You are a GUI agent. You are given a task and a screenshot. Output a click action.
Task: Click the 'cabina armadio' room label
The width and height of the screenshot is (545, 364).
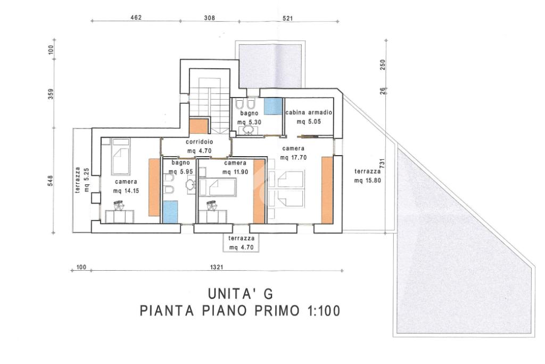coord(309,113)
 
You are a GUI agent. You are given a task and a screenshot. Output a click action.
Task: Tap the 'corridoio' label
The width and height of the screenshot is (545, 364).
coord(199,142)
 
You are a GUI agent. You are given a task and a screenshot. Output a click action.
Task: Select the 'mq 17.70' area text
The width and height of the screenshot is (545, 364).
coord(293,158)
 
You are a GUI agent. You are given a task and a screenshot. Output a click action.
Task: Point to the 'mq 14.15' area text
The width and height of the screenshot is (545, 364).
coord(126,191)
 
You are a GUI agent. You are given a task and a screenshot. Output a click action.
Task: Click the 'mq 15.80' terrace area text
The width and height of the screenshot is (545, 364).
coord(368,181)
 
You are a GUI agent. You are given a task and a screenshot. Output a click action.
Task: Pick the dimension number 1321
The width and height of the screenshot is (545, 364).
coord(217,267)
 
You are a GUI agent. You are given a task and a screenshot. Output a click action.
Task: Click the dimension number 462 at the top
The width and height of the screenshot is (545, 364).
coord(135,18)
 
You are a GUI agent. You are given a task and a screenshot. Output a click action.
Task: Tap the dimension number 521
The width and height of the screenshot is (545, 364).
coord(288,19)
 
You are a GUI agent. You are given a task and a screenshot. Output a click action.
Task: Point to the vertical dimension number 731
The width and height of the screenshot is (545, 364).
coord(383,164)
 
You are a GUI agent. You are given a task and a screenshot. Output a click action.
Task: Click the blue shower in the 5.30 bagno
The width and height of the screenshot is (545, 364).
coord(273,106)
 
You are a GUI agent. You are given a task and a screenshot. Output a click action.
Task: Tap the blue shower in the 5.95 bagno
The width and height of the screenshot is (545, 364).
coord(170,212)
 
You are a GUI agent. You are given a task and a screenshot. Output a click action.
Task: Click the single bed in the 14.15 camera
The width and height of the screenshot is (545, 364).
coord(120,157)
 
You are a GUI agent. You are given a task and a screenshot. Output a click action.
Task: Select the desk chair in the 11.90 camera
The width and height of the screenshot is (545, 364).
coord(212,206)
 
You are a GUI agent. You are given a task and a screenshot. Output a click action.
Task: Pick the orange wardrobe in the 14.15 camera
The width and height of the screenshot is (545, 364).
coord(154,187)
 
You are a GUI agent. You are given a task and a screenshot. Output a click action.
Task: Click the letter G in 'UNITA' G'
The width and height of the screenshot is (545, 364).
coord(268,294)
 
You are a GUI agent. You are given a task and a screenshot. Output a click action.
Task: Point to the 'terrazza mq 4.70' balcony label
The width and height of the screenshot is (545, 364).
coord(241,243)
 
